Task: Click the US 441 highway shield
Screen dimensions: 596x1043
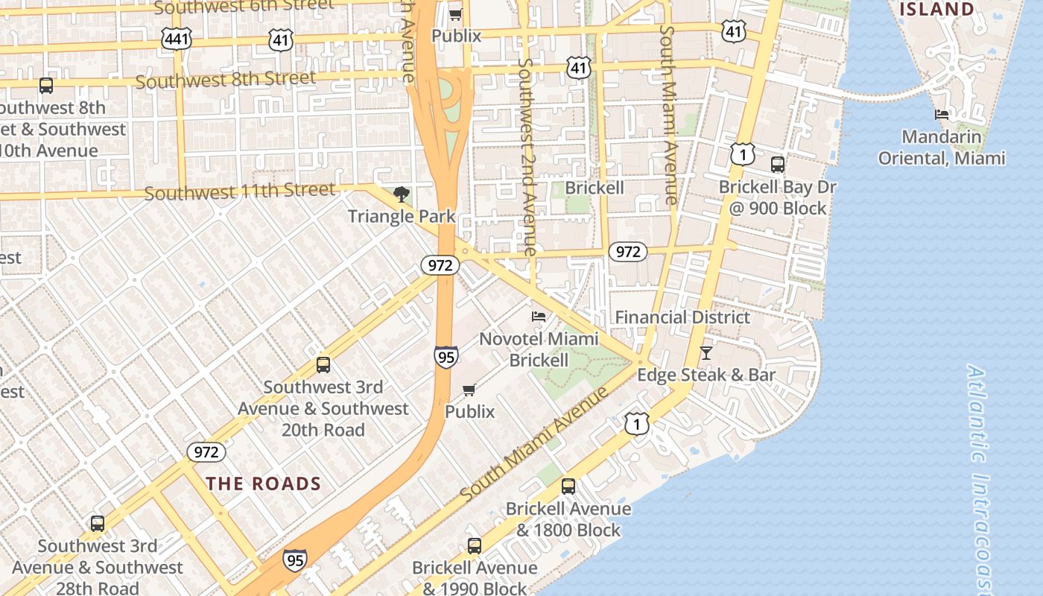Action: (176, 39)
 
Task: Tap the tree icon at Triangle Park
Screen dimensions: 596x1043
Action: (402, 195)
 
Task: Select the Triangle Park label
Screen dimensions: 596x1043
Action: (402, 217)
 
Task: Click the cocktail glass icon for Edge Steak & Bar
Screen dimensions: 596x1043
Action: (706, 353)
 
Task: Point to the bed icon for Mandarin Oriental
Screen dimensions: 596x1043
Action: (942, 115)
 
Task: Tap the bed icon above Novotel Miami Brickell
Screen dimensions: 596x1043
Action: (538, 317)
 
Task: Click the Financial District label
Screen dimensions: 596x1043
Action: (682, 317)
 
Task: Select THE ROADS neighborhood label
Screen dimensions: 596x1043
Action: (264, 484)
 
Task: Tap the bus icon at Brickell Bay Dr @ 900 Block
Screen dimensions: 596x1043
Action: (777, 165)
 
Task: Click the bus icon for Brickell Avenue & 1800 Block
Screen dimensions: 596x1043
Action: (568, 486)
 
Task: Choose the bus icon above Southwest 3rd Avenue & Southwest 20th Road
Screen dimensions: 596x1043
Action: (323, 365)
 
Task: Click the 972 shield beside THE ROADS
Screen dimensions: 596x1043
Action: (206, 452)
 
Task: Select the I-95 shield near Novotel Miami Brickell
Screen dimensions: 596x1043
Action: (446, 356)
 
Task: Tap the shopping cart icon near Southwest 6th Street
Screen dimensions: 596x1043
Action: (455, 14)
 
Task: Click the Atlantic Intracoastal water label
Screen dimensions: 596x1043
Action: (982, 477)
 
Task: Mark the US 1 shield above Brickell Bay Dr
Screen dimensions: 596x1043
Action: (743, 154)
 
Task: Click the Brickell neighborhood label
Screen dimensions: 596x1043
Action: (594, 188)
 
